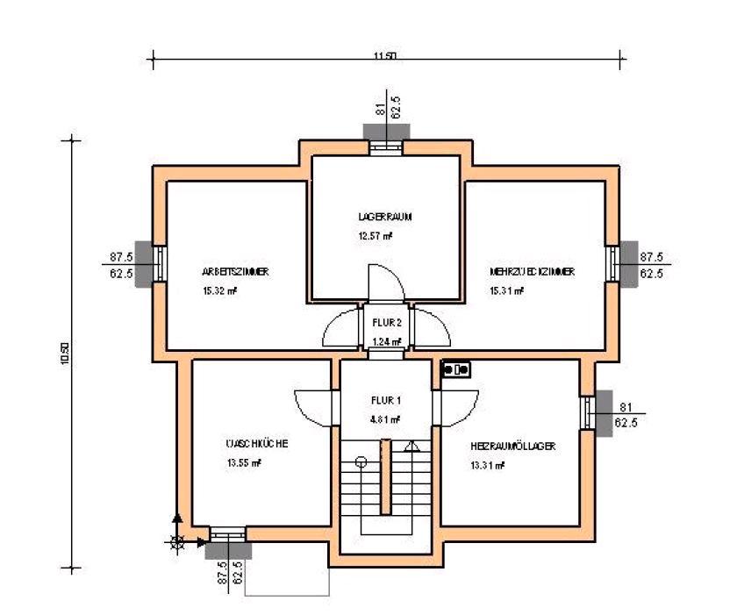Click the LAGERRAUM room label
click(x=385, y=216)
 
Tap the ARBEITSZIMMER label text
click(x=234, y=272)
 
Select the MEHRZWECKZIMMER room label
click(x=532, y=272)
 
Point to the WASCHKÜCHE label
click(x=257, y=443)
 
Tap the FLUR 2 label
click(x=386, y=322)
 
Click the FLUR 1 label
click(x=386, y=400)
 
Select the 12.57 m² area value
click(x=375, y=236)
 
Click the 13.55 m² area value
click(x=244, y=462)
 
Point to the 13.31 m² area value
click(x=488, y=465)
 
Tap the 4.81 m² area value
click(x=386, y=419)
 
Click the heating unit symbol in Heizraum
click(x=456, y=369)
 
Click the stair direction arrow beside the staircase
click(x=410, y=447)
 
